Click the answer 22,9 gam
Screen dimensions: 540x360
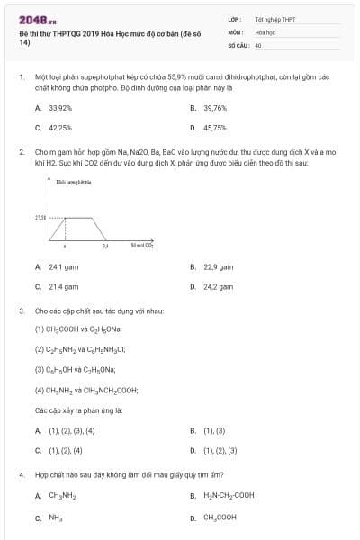point(217,266)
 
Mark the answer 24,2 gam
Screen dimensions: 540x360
point(217,286)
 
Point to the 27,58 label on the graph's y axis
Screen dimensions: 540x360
point(40,218)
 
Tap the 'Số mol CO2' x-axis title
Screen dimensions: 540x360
point(142,244)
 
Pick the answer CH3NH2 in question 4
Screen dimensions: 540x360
point(62,495)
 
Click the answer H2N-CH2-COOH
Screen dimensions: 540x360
point(229,495)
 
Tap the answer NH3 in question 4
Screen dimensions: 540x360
point(55,517)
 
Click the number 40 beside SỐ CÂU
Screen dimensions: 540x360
point(258,44)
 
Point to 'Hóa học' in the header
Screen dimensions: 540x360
point(265,31)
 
